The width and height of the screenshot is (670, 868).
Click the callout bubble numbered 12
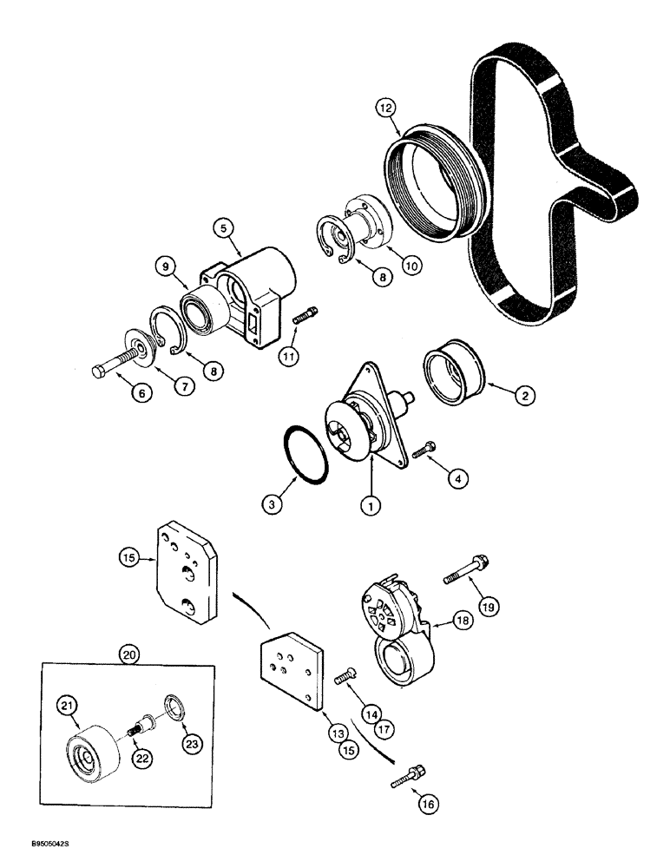384,108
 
